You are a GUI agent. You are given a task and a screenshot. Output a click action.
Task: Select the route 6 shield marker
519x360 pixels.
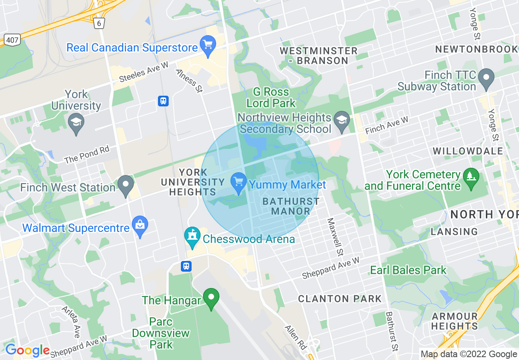coord(99,23)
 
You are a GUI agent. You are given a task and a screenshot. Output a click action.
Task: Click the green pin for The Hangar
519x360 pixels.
coord(211,299)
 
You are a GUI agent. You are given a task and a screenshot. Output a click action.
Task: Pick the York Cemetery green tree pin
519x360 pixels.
coord(471,179)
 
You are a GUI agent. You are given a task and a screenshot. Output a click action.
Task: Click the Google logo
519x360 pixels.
coord(27,350)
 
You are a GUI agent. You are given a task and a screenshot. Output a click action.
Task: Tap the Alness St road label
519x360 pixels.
coord(189,80)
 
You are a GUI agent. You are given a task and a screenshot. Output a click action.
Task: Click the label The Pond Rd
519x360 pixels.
coord(87,155)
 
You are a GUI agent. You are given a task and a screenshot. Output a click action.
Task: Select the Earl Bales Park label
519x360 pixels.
coord(408,270)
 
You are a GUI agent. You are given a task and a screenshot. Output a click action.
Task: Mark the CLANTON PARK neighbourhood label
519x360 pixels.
coord(340,299)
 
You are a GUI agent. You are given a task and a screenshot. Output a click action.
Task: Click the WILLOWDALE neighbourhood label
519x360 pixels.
coord(468,151)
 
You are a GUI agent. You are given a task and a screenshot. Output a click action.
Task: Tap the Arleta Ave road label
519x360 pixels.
coord(70,322)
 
